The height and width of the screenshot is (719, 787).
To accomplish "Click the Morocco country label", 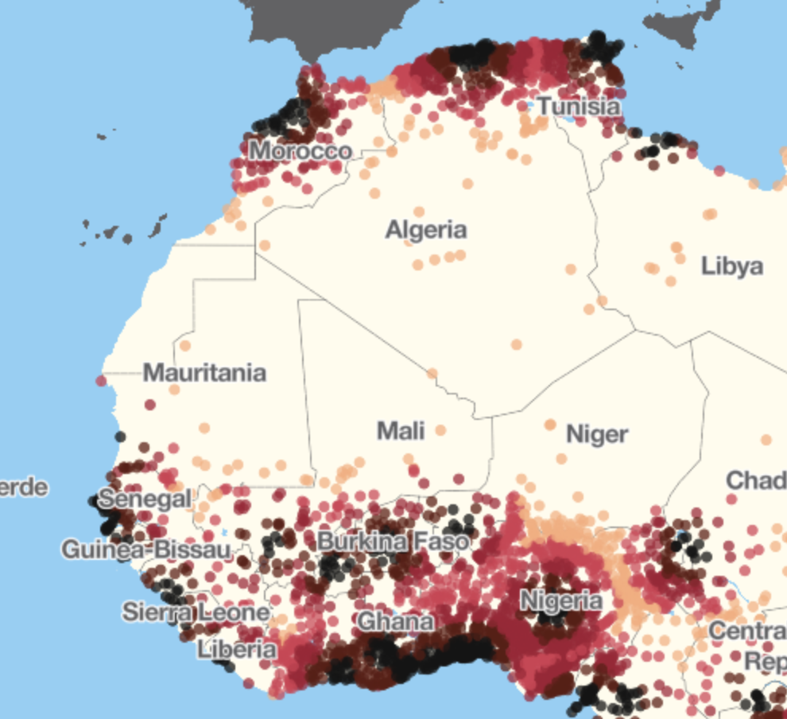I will [300, 150].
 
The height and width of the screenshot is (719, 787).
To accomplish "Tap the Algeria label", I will [426, 231].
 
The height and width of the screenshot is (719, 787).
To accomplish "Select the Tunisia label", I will [579, 106].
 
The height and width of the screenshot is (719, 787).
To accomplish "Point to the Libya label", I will [732, 266].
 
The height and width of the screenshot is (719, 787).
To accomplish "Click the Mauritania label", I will [204, 373].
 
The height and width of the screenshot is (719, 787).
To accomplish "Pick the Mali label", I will [401, 431].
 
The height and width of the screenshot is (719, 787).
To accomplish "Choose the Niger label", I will [597, 434].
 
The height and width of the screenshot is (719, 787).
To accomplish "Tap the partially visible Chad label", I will [756, 480].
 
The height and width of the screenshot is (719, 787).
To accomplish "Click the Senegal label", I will [146, 499].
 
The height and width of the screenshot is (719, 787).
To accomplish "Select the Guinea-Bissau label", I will [146, 549].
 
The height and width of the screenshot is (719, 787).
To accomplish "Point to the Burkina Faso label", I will [393, 542].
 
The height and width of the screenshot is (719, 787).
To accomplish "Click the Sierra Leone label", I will [196, 612].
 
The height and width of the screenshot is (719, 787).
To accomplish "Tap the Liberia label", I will [237, 649].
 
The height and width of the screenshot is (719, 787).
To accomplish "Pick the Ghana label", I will [397, 621].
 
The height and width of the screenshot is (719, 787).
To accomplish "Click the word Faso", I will [440, 542].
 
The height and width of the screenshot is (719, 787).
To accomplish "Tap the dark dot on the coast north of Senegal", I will [120, 436].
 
